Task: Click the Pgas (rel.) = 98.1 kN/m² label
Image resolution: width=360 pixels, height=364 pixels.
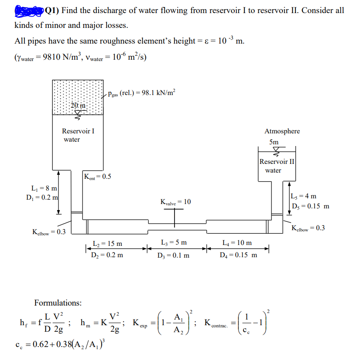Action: click(141, 93)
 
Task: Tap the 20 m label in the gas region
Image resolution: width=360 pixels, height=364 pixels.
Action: click(79, 105)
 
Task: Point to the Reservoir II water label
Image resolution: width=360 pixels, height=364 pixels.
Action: click(277, 166)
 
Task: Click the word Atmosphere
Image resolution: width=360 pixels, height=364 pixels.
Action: click(282, 131)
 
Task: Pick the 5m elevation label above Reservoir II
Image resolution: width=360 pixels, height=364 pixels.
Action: click(274, 142)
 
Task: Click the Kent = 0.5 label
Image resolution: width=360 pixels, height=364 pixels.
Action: click(97, 177)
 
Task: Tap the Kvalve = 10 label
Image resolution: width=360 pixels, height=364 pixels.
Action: click(175, 202)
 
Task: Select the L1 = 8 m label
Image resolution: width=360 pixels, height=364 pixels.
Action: click(44, 189)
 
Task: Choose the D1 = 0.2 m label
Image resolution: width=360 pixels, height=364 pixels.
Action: click(42, 197)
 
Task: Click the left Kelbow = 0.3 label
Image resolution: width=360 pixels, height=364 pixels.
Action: click(49, 231)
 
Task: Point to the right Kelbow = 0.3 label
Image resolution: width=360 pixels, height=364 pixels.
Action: click(308, 228)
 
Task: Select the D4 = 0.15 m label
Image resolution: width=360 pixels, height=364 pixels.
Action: click(238, 255)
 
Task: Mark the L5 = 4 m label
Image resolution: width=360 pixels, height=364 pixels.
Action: click(306, 197)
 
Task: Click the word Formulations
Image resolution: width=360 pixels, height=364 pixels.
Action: click(58, 302)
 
